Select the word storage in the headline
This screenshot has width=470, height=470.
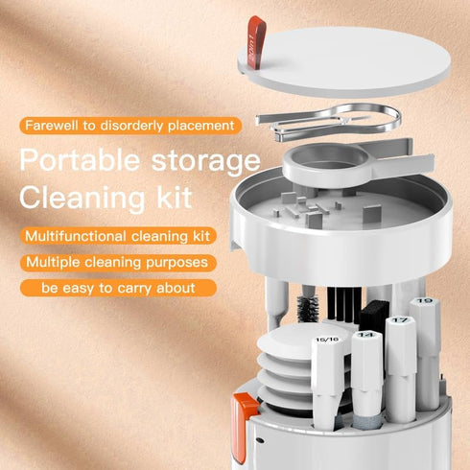pos(205,159)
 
